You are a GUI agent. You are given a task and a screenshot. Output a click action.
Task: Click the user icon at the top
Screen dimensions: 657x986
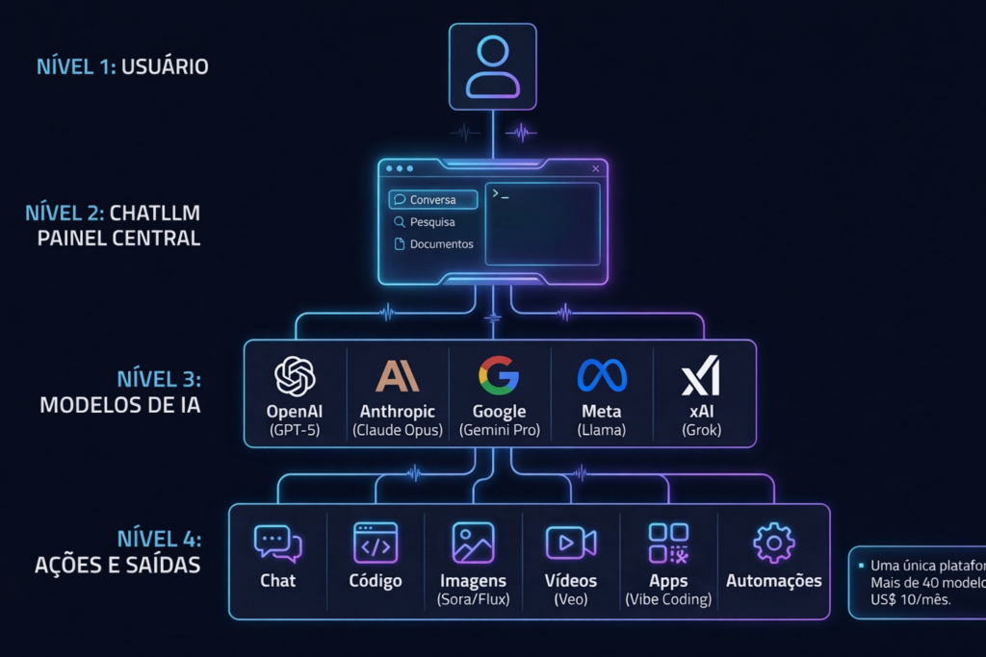[x=492, y=66]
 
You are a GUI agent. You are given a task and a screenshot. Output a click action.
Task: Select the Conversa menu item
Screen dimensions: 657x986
[x=432, y=200]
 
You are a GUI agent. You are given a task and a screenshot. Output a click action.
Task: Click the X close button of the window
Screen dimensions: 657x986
[x=595, y=168]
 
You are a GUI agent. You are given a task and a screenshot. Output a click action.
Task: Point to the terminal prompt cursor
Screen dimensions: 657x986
[x=500, y=194]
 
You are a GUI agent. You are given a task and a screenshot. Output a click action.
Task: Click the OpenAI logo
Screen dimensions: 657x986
[x=296, y=376]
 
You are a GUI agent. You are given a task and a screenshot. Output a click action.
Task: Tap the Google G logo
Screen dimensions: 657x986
[x=499, y=375]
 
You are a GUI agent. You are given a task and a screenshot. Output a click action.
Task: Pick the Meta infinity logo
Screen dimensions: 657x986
[x=602, y=375]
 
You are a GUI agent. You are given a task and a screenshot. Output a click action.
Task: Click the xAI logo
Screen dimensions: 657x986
[x=700, y=375]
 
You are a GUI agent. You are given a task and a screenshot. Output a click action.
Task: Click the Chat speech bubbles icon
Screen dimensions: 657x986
[x=277, y=543]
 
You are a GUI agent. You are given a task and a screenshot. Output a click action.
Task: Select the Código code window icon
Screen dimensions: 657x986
[x=376, y=543]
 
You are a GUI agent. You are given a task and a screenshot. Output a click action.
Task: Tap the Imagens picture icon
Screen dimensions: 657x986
[x=473, y=543]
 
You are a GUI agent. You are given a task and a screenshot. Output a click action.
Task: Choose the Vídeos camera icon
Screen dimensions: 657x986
[x=570, y=543]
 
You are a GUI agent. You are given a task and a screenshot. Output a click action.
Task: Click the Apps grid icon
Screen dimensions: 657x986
[x=668, y=543]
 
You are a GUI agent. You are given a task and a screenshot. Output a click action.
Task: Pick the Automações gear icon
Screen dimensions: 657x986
[x=773, y=543]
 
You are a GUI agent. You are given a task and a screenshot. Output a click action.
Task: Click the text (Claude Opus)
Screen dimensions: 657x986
[x=398, y=430]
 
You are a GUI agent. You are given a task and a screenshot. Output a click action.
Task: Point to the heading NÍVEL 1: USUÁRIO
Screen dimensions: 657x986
[x=122, y=66]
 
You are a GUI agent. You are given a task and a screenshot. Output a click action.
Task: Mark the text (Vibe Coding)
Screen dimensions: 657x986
[x=668, y=599]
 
